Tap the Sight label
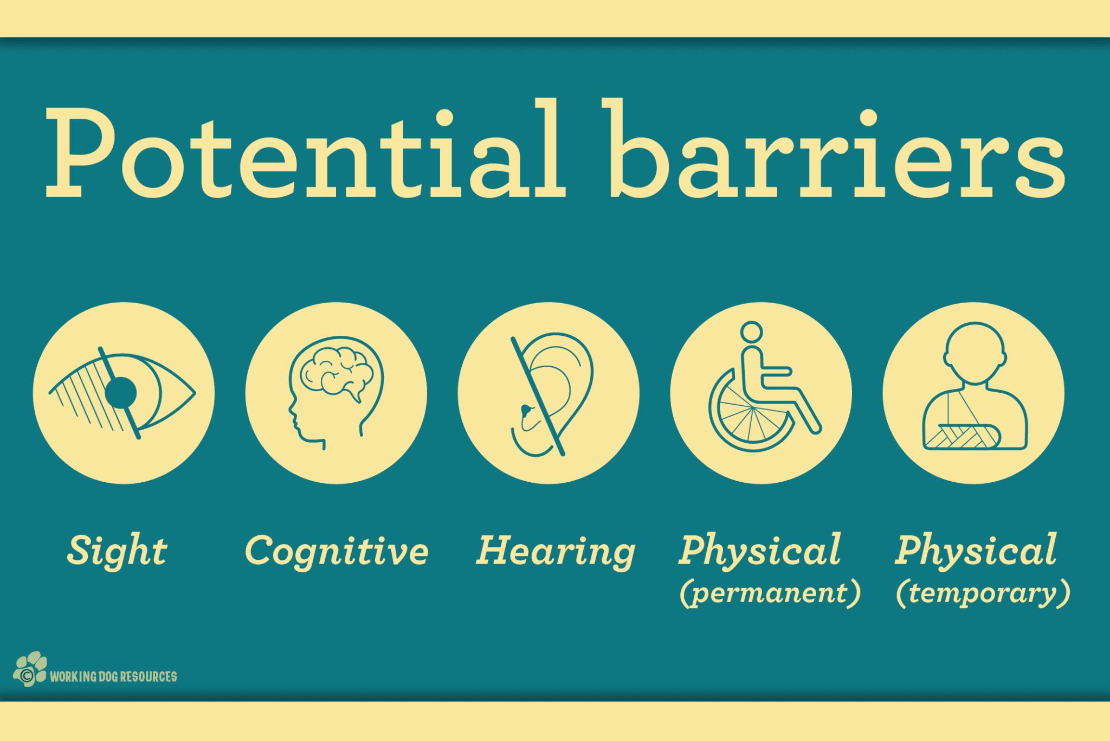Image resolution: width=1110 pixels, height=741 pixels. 117,551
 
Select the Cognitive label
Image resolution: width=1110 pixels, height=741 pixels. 337,551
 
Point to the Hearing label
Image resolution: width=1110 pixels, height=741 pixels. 556,551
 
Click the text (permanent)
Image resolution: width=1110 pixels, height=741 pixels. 770,593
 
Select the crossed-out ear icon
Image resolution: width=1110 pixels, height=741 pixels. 552,395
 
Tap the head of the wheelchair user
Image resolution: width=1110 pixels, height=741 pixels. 752,332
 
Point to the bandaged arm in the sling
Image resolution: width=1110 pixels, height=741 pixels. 963,436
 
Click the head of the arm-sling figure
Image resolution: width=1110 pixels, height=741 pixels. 975,353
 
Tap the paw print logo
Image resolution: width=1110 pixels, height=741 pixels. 30,669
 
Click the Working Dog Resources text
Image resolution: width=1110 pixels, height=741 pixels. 113,676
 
